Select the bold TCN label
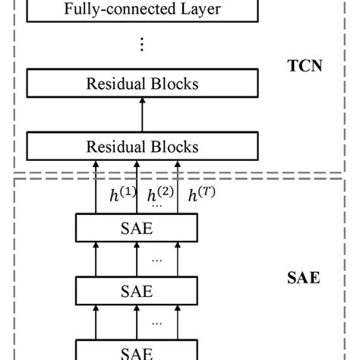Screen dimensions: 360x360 [306, 66]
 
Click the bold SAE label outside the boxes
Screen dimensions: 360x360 [305, 278]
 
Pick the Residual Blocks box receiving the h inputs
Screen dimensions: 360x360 [143, 146]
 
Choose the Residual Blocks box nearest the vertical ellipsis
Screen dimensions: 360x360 [143, 84]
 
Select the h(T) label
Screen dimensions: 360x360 [201, 194]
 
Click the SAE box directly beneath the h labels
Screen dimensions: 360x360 [137, 227]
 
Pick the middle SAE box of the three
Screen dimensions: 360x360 [137, 291]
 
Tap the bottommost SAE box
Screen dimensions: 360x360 [137, 352]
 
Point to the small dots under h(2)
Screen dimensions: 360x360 [157, 206]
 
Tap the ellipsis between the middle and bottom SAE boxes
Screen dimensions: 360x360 [157, 323]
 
